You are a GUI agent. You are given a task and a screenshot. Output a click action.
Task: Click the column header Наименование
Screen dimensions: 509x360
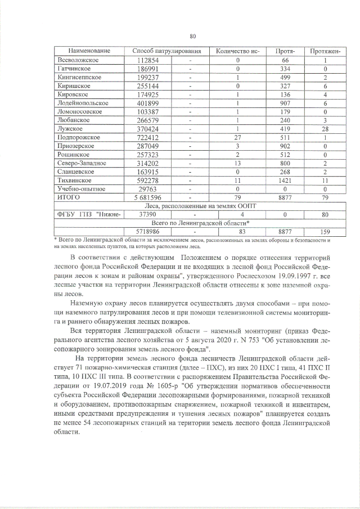point(85,51)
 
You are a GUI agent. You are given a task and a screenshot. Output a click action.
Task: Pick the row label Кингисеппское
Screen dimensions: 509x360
point(79,78)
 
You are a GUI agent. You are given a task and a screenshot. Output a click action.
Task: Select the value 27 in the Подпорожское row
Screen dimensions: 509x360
point(238,138)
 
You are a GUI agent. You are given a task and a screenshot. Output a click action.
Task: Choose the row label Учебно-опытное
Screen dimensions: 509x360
point(81,190)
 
